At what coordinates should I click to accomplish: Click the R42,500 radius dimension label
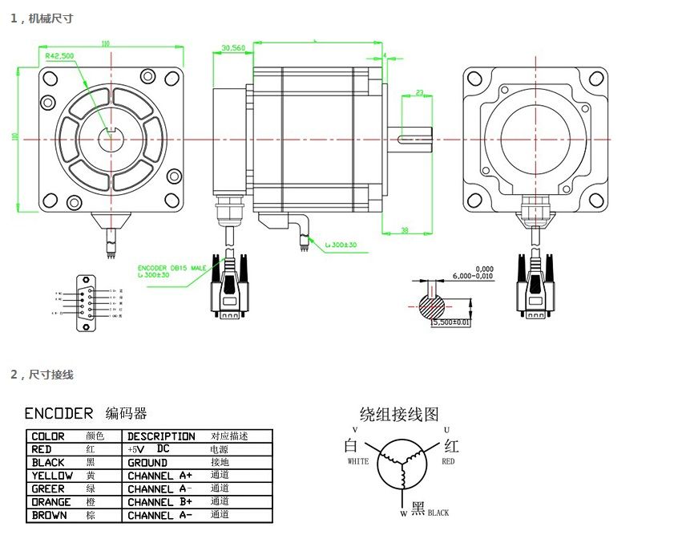[x=59, y=56]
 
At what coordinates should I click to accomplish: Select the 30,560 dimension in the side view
[x=232, y=48]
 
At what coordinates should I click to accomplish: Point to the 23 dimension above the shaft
[x=418, y=93]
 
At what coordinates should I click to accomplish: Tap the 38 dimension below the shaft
[x=404, y=230]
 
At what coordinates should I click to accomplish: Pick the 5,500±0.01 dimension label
[x=450, y=322]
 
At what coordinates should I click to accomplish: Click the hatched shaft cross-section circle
[x=434, y=306]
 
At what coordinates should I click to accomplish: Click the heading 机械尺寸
[x=50, y=18]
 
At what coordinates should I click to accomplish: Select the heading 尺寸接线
[x=50, y=375]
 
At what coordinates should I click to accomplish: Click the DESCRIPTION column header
[x=161, y=436]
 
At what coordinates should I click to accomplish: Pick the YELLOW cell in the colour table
[x=52, y=476]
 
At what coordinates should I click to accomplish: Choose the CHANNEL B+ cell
[x=160, y=502]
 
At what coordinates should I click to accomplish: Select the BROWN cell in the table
[x=49, y=515]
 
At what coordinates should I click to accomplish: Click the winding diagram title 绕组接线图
[x=399, y=415]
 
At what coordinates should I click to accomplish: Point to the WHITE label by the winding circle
[x=357, y=462]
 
